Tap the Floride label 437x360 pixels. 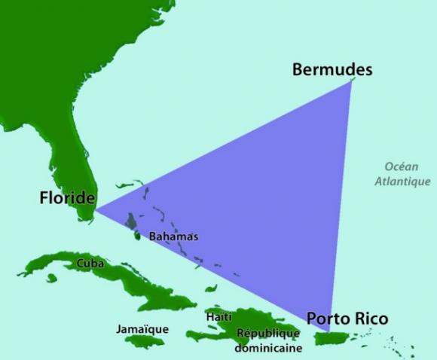tap(68, 198)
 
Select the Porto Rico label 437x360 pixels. tap(347, 319)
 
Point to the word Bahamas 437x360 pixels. tap(173, 236)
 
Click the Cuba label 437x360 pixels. tap(90, 264)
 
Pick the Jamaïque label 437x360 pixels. tap(142, 329)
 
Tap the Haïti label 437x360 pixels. tap(219, 317)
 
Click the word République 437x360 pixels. tap(269, 333)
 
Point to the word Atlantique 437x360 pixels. tap(403, 182)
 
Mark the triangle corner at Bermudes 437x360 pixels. tap(351, 81)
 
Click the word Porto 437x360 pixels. tap(329, 319)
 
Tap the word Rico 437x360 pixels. tap(371, 319)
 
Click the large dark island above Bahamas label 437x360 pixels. tap(131, 221)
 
